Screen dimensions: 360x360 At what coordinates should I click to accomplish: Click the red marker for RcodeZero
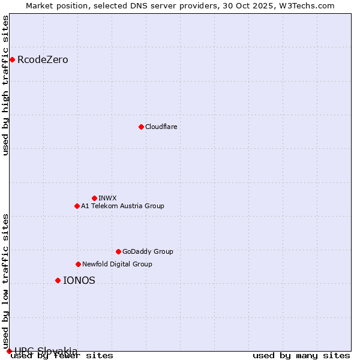(12, 59)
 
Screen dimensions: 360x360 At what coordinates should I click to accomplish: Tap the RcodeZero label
(43, 60)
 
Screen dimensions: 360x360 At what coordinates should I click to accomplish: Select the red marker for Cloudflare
(141, 127)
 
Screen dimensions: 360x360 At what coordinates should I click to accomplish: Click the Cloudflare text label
(161, 127)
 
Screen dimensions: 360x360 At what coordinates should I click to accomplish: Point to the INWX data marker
(94, 198)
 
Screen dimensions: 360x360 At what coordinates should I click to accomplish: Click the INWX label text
(107, 198)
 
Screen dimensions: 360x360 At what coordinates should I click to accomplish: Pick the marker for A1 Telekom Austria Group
(77, 206)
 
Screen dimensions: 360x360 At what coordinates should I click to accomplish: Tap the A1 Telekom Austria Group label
(122, 206)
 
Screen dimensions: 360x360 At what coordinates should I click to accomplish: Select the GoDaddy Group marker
(118, 251)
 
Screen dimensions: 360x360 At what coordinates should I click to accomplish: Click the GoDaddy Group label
(148, 251)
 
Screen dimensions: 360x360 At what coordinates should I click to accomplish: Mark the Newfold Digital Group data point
(78, 264)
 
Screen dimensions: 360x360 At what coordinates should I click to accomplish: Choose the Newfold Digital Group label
(117, 264)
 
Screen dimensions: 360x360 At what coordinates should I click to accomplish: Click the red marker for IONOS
(58, 280)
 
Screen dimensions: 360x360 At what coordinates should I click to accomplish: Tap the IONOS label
(79, 280)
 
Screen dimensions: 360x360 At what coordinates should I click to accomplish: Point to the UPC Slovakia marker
(9, 351)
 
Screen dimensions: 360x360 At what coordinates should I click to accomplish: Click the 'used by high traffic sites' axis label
(5, 85)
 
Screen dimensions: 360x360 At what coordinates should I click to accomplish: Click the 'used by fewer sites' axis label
(62, 355)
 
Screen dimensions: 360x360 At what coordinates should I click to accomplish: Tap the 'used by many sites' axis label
(301, 355)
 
